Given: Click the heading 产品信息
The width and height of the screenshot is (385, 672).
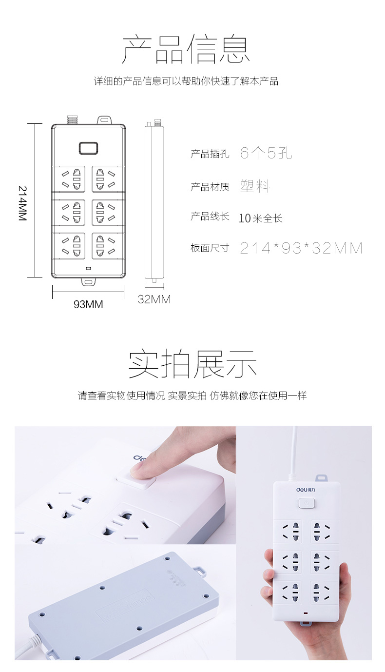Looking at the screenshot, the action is point(186,49).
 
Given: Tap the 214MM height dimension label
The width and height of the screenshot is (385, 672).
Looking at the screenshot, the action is point(23,203).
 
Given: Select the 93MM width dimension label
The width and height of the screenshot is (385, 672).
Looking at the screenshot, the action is point(88,304).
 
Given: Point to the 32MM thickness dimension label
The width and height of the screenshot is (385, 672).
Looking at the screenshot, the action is point(154,299).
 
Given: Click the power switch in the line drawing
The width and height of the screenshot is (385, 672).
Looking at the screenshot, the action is point(89,148).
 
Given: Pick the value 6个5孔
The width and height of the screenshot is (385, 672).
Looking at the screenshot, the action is point(266,153).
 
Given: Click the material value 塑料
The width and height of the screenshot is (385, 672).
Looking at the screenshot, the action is point(255,186).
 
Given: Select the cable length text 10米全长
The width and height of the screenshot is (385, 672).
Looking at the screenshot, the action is point(261,218).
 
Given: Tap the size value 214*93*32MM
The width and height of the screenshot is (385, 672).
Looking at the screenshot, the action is point(301,248).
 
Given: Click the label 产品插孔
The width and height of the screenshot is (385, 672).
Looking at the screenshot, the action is point(210,154).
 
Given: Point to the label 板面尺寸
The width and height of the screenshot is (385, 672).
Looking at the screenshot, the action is point(210,248).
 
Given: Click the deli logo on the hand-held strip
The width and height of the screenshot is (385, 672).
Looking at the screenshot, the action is point(306,490).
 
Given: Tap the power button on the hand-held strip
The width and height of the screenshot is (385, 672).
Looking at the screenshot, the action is point(307,503).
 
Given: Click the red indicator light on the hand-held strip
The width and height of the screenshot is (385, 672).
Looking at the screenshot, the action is point(306,613).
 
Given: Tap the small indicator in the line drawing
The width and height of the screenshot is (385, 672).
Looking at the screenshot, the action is point(89,268).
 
